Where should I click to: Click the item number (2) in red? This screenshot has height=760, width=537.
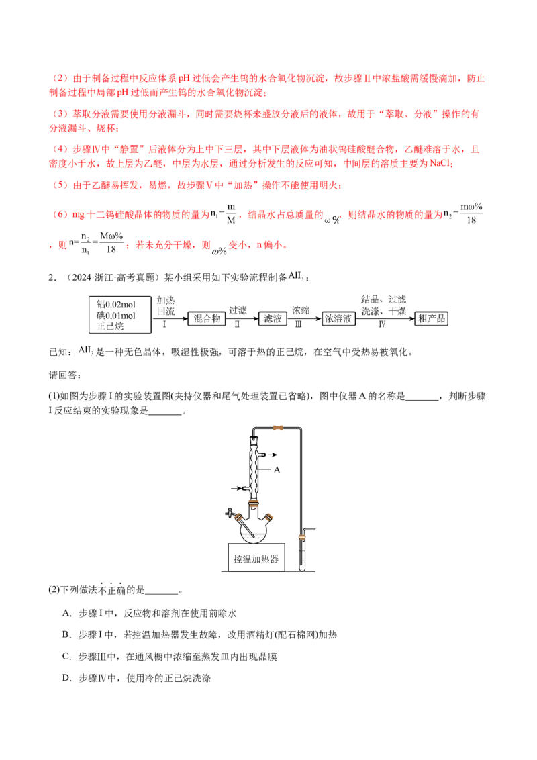pyautogui.click(x=60, y=79)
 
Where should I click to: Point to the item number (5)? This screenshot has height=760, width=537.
pyautogui.click(x=60, y=184)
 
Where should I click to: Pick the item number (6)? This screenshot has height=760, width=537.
pyautogui.click(x=60, y=214)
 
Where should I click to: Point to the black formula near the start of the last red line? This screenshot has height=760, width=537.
pyautogui.click(x=101, y=243)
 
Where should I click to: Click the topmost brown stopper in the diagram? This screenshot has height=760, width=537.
pyautogui.click(x=276, y=429)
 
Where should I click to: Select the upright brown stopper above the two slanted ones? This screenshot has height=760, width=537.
pyautogui.click(x=254, y=504)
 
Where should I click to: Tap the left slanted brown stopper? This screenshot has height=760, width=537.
pyautogui.click(x=237, y=516)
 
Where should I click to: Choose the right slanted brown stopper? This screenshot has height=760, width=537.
pyautogui.click(x=268, y=516)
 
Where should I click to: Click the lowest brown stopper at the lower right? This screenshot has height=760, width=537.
pyautogui.click(x=301, y=536)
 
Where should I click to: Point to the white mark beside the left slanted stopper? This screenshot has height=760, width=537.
pyautogui.click(x=229, y=516)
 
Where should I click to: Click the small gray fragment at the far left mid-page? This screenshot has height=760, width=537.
pyautogui.click(x=86, y=352)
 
